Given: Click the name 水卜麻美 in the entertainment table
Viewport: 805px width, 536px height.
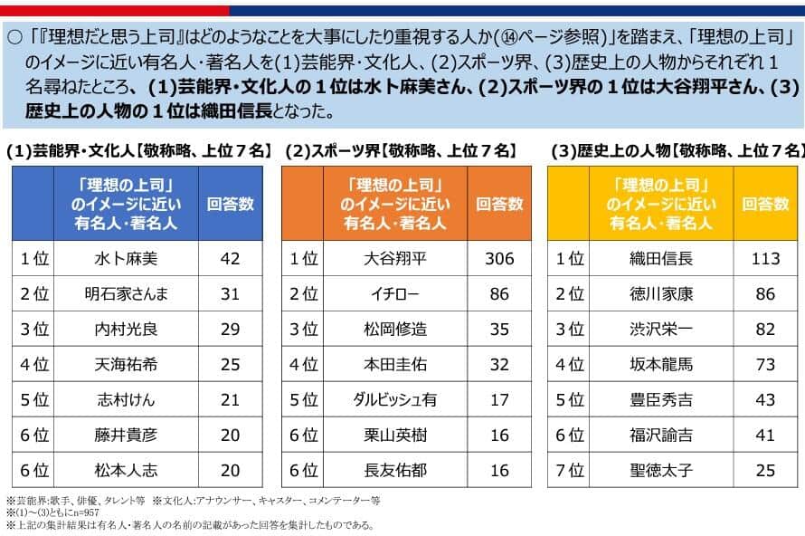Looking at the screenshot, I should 126,259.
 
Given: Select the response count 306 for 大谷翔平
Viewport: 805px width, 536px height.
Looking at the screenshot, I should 499,259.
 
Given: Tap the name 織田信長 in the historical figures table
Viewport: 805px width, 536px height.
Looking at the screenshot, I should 660,259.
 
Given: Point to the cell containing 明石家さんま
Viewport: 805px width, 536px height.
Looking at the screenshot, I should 126,294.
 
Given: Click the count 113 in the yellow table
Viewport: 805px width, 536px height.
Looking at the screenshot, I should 765,259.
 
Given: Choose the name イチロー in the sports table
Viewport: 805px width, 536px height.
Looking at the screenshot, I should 394,294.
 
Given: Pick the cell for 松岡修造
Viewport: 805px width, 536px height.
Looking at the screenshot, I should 394,330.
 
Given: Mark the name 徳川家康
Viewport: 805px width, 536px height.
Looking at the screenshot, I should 660,294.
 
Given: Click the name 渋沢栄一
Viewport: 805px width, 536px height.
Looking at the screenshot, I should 660,330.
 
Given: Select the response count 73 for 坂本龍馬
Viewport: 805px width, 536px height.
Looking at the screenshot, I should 765,365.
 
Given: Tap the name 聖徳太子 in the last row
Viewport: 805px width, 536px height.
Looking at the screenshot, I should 660,471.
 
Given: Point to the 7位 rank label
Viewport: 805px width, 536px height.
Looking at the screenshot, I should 569,471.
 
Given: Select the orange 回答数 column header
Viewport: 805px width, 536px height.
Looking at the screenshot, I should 499,204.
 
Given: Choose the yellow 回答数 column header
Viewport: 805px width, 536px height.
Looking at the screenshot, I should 765,204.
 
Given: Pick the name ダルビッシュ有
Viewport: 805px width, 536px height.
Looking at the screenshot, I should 394,400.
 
